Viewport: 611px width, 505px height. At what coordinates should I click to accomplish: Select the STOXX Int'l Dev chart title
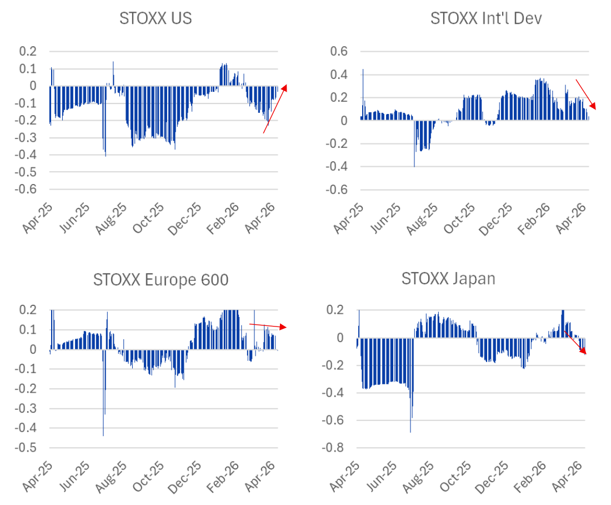click(486, 18)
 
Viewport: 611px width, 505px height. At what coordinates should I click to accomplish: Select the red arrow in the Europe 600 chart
click(267, 325)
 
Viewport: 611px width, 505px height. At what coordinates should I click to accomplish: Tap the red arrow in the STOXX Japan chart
click(576, 343)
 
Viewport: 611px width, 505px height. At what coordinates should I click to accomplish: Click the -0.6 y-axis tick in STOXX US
click(29, 190)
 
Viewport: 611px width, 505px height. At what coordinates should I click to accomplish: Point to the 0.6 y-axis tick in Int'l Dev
click(340, 51)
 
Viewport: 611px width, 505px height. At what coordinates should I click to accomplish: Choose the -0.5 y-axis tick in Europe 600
click(29, 448)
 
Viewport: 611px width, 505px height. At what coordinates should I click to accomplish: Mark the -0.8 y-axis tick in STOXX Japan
click(335, 448)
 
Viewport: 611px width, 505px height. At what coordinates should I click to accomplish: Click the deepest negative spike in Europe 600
click(103, 434)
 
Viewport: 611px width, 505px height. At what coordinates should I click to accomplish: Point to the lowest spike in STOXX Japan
click(410, 431)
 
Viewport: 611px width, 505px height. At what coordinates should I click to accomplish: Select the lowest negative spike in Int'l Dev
click(414, 165)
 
